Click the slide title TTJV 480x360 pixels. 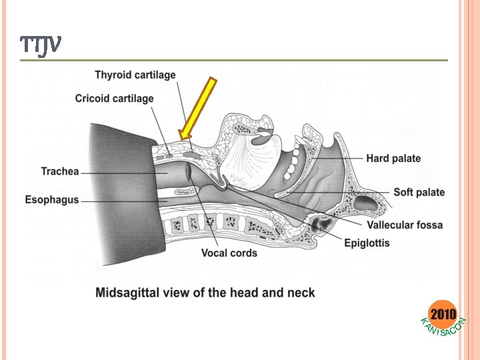41,45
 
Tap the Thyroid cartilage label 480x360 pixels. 135,75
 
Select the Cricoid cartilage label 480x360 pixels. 114,99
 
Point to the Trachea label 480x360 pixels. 61,171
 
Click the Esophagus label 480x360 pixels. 52,199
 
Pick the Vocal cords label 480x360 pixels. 229,253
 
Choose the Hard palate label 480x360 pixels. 393,158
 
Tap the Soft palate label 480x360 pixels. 419,193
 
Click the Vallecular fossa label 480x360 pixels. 404,225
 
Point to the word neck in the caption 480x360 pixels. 301,292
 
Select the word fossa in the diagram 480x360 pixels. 428,225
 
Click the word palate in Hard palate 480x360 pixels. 405,158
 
